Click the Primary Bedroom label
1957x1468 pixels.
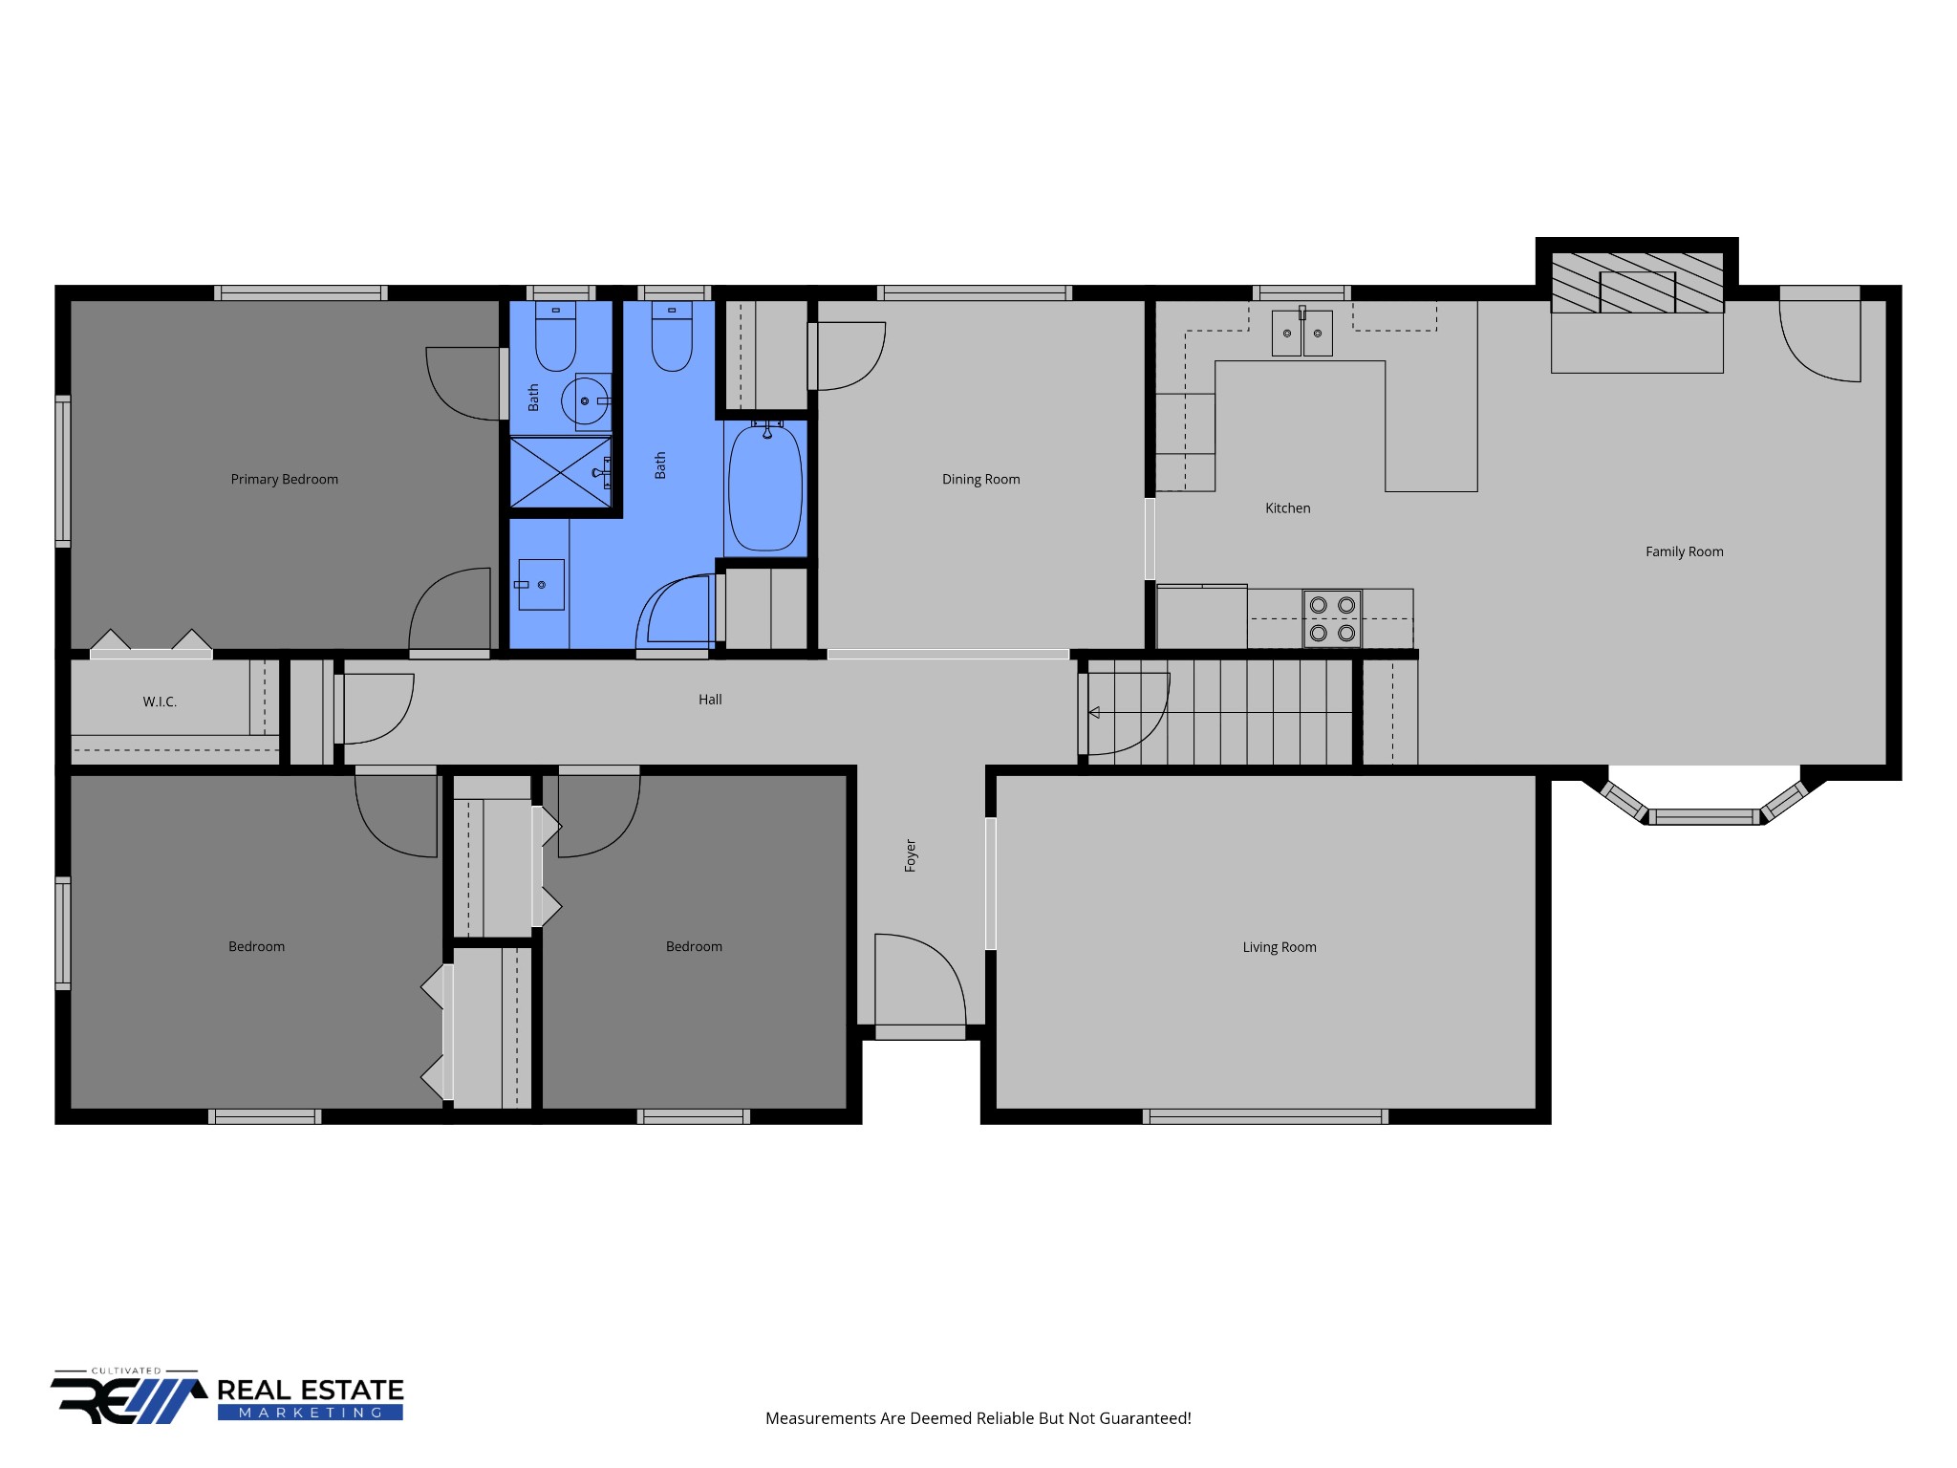(284, 479)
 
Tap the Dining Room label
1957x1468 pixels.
(980, 479)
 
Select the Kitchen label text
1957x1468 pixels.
(1287, 507)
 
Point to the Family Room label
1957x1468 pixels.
(1684, 551)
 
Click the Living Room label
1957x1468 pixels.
(1279, 947)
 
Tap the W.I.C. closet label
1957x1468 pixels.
(160, 702)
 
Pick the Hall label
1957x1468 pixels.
(710, 700)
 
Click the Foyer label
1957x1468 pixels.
(911, 855)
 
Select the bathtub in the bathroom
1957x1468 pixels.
(765, 488)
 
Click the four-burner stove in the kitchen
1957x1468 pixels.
(1332, 618)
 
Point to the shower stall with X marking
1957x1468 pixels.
(560, 472)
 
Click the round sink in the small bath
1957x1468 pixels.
(585, 401)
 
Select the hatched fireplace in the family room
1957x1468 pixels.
(1637, 283)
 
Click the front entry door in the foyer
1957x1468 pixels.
(920, 984)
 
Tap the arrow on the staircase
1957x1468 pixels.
(1094, 712)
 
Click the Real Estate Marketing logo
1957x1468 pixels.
(227, 1396)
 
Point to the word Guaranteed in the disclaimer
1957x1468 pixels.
(1143, 1418)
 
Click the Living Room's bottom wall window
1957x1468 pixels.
(1265, 1116)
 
